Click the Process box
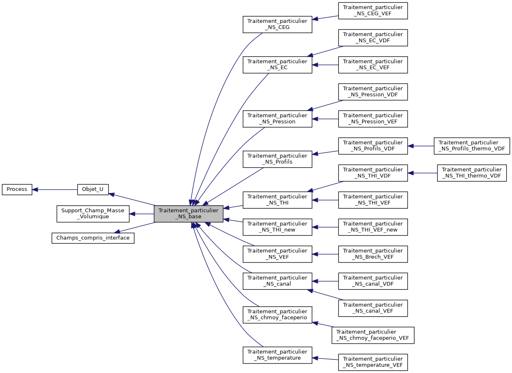pos(17,190)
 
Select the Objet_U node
pos(93,190)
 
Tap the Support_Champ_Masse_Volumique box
pos(93,214)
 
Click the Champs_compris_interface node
pos(93,238)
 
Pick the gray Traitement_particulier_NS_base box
pos(188,214)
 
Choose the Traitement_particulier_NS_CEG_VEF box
pos(373,11)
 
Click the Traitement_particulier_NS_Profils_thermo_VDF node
pos(471,146)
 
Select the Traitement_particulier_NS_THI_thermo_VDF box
pos(471,173)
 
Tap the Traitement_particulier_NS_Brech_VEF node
pos(373,254)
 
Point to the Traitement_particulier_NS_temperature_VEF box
pos(373,362)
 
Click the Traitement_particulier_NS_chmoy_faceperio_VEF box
pos(373,335)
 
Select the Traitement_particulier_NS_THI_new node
pos(277,227)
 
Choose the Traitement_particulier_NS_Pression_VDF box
pos(373,92)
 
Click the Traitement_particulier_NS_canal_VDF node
pos(373,281)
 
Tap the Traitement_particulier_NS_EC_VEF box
pos(373,65)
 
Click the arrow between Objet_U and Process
pos(55,190)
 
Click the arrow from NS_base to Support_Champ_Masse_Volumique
pos(142,214)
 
